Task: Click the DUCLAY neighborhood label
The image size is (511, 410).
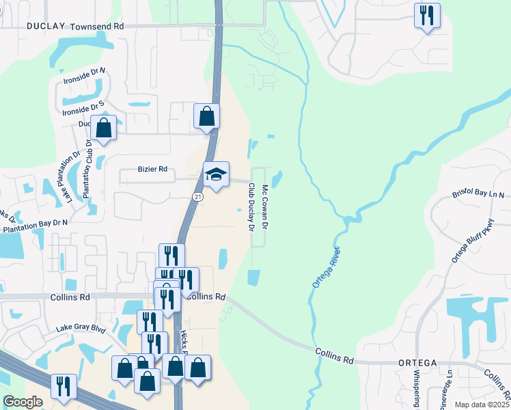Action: (x=46, y=26)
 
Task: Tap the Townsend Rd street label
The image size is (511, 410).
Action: (x=101, y=26)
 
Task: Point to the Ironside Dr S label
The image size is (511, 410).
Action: (x=83, y=107)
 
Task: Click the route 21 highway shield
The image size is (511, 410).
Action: (x=196, y=197)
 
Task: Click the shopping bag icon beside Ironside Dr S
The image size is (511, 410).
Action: (x=102, y=128)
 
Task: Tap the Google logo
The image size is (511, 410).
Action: (x=23, y=402)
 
